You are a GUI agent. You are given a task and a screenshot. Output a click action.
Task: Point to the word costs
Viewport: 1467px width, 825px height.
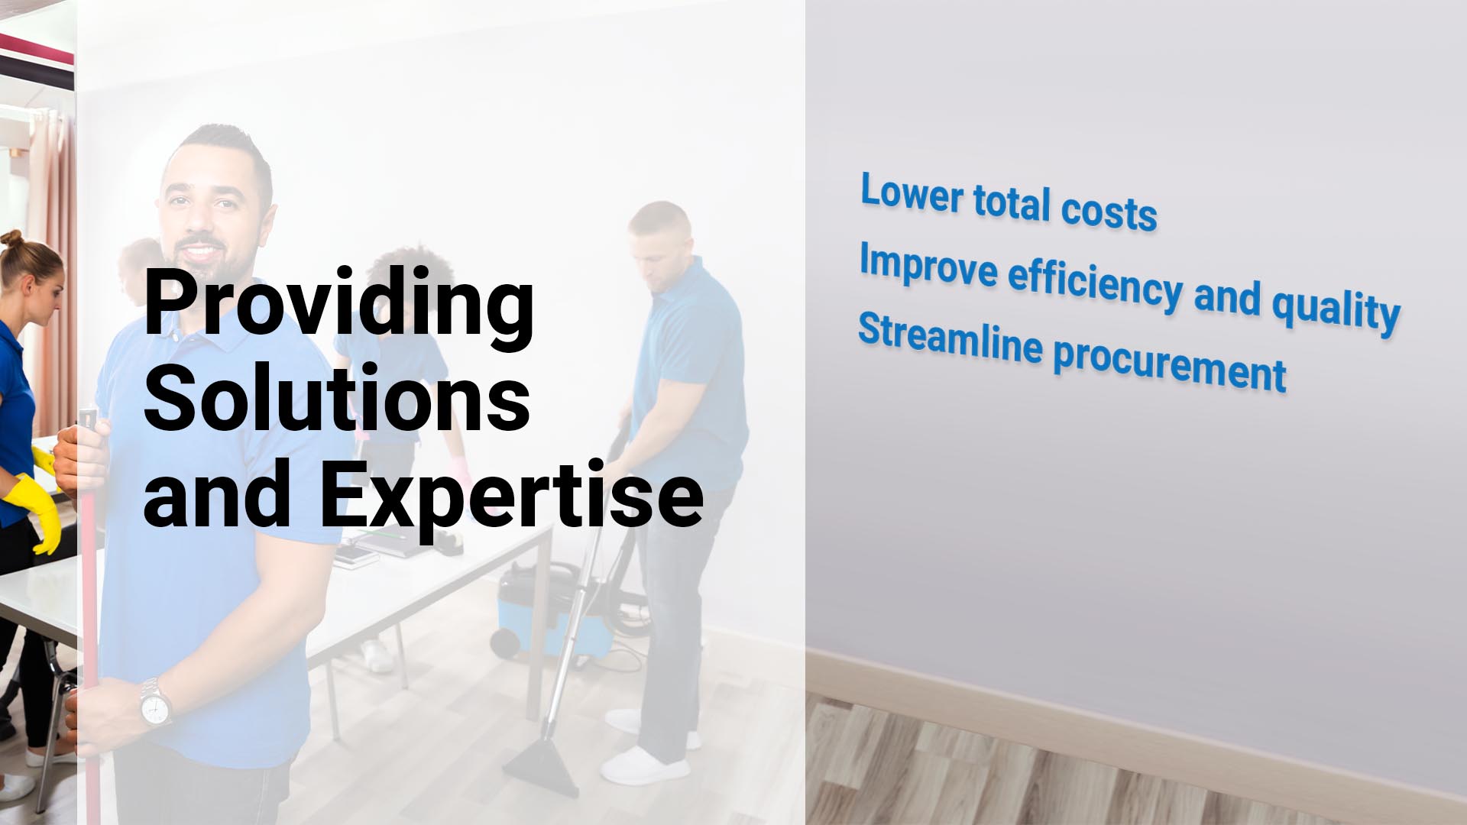point(1109,212)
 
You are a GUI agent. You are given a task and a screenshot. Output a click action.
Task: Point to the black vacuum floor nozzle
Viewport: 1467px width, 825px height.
point(541,764)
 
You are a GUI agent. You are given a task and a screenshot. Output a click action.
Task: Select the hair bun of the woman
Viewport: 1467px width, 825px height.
point(11,238)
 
